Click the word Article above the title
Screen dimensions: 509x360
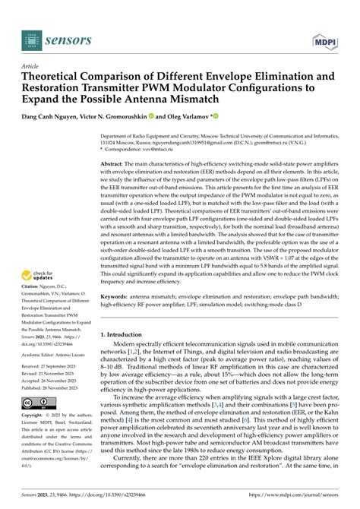click(34, 66)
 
